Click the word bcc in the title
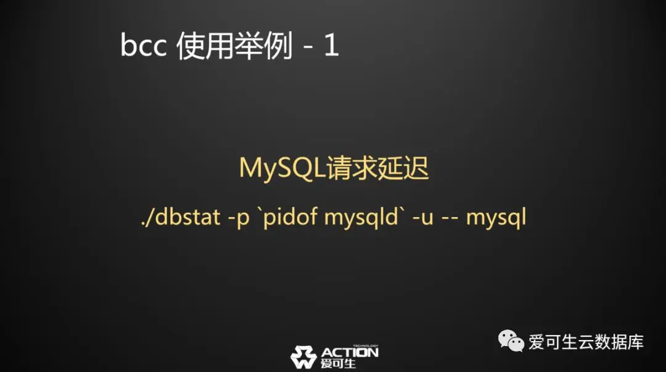click(x=143, y=45)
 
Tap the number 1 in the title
click(x=331, y=45)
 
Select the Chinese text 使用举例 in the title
click(x=234, y=46)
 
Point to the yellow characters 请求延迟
click(x=377, y=168)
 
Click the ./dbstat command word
click(x=181, y=217)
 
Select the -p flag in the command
click(x=238, y=218)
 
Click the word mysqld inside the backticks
click(x=361, y=218)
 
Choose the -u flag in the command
click(x=422, y=218)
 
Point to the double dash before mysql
click(x=450, y=220)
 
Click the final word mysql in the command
click(x=496, y=218)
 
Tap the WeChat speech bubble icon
click(x=511, y=341)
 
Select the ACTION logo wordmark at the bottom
click(x=350, y=352)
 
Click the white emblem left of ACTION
click(x=303, y=357)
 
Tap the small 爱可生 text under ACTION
click(x=338, y=363)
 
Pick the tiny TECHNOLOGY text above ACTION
click(x=365, y=345)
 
